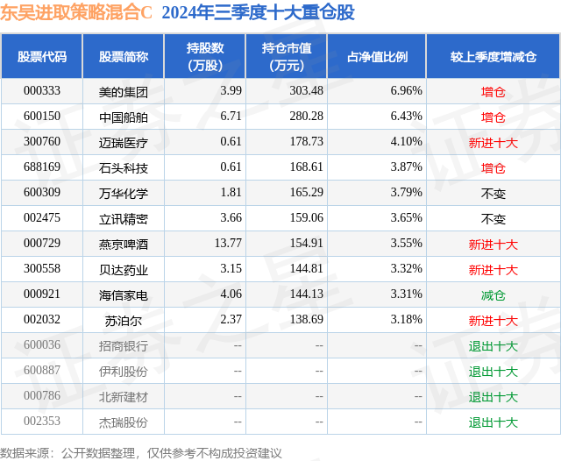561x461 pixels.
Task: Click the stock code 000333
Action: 41,90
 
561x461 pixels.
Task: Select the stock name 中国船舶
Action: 124,117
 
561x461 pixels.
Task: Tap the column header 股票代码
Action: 41,56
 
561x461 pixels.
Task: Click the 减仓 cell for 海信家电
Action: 494,295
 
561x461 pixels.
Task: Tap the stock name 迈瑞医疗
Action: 124,142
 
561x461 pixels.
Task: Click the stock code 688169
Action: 41,167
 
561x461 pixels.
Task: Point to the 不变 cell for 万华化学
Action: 494,193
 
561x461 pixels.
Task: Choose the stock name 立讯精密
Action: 124,218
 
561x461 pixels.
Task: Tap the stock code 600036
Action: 41,346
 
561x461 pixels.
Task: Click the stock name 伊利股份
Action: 124,372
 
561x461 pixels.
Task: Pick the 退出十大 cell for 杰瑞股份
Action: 494,422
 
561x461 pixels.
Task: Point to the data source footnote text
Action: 141,452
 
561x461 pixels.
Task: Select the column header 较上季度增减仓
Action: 494,56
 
